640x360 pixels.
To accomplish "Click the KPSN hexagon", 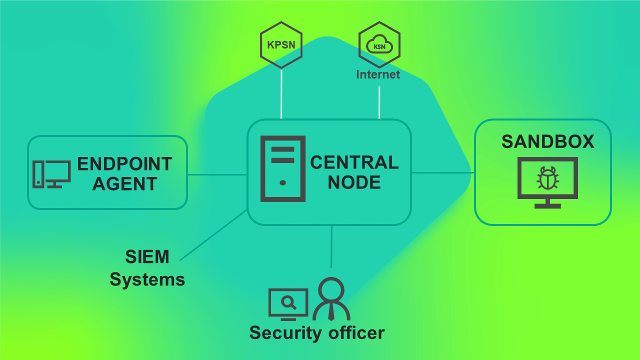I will tap(281, 45).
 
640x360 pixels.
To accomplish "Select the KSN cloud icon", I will tap(379, 46).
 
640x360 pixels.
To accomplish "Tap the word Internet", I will tap(378, 74).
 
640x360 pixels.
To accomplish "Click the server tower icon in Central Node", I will tap(282, 168).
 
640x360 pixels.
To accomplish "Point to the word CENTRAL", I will tap(354, 162).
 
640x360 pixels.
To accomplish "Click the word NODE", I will tap(354, 182).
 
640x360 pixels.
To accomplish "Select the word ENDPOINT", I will tap(124, 164).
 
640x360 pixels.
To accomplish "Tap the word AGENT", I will tap(124, 184).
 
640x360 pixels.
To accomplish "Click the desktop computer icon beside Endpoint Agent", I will tap(51, 174).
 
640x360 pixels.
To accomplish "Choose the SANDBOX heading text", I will tap(548, 142).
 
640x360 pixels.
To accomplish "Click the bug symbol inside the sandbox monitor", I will tap(547, 178).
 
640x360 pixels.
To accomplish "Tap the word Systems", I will tap(147, 279).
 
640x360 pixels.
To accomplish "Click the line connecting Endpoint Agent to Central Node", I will tap(217, 174).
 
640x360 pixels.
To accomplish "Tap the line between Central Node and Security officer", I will tap(331, 246).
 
